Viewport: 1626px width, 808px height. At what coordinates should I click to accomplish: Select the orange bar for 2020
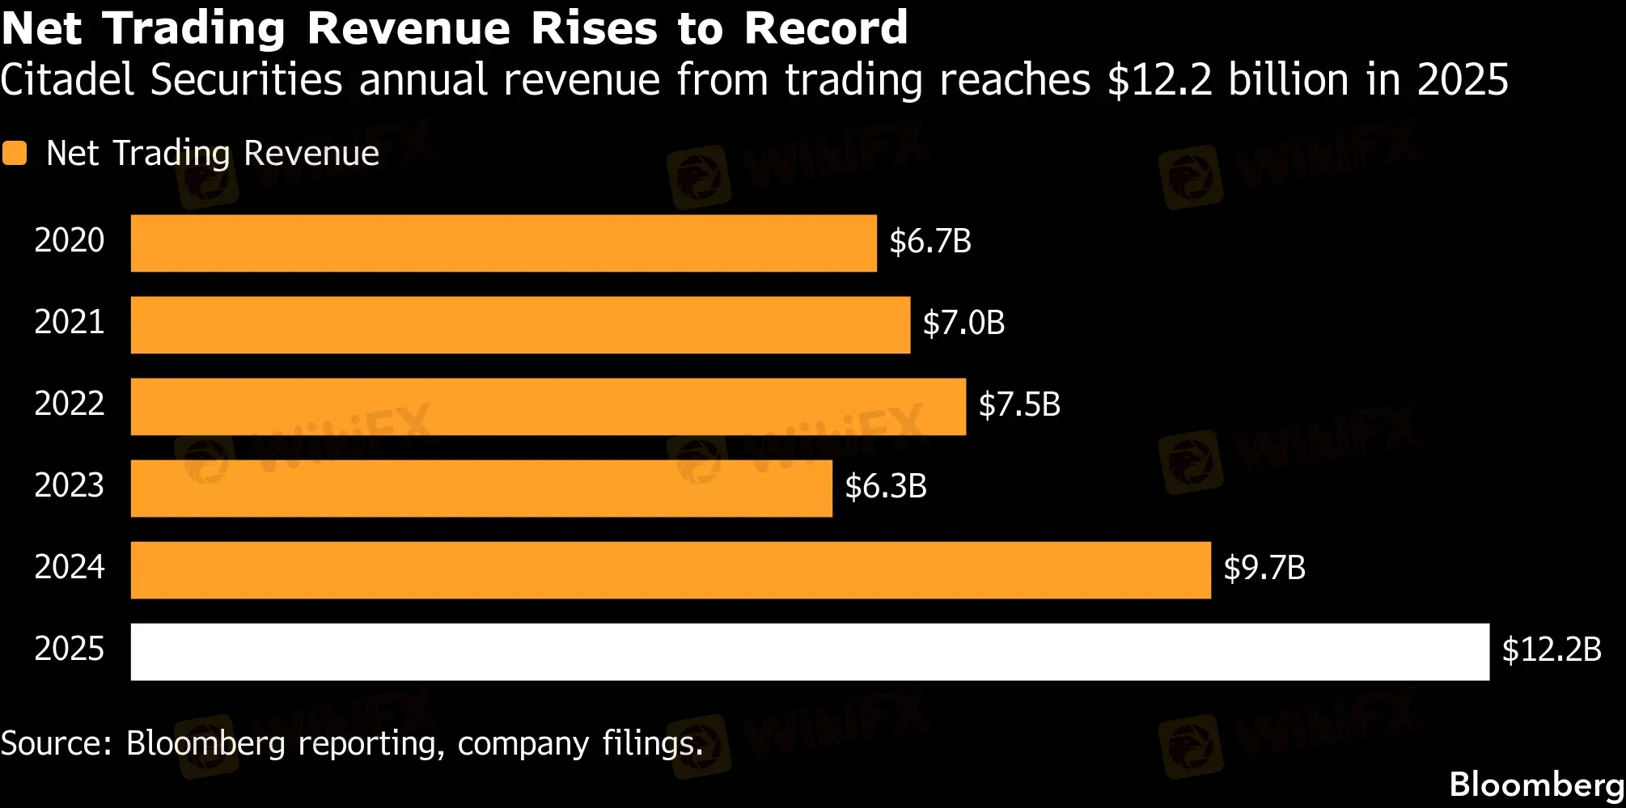(503, 243)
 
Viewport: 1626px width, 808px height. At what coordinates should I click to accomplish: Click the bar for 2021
(520, 324)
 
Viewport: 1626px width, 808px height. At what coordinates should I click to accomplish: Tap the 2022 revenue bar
(548, 406)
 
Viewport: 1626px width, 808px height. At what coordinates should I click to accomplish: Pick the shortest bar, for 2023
(481, 488)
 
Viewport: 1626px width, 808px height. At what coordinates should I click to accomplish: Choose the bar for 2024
(671, 569)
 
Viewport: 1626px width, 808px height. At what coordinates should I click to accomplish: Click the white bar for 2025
(810, 651)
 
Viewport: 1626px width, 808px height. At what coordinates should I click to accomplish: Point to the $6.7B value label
(930, 241)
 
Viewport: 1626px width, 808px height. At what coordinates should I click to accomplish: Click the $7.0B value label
(963, 323)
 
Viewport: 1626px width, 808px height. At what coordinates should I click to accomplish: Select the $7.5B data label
(1019, 404)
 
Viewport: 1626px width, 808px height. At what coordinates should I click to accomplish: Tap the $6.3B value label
(886, 486)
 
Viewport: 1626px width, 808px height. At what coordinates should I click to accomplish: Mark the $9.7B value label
(1264, 568)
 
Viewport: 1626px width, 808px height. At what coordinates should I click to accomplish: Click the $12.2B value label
(1552, 649)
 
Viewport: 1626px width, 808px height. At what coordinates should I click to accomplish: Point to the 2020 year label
(70, 240)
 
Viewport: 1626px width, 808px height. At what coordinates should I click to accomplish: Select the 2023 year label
(70, 485)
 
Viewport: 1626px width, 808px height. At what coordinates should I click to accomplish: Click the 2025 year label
(70, 649)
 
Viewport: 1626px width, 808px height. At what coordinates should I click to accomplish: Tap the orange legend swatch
(15, 153)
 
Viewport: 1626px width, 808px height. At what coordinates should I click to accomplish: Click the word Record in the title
(826, 27)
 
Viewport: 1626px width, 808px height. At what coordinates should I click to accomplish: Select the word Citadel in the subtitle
(67, 80)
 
